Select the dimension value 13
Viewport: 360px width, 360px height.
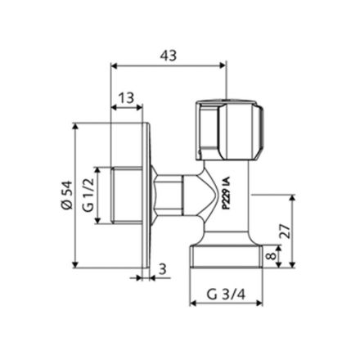(x=125, y=99)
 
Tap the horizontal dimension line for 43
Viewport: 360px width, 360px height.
(x=168, y=67)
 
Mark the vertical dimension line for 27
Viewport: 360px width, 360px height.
(x=288, y=232)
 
